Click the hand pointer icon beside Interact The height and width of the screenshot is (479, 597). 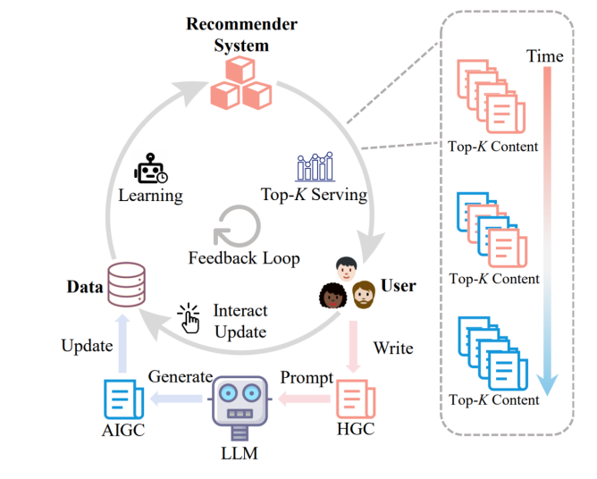[x=189, y=317]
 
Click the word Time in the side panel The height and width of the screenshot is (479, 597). [x=544, y=56]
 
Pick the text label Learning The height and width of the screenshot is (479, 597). [x=150, y=195]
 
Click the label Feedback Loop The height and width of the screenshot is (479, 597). [x=244, y=258]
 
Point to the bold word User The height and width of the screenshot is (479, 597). [x=398, y=286]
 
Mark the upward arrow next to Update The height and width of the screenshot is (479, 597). [x=122, y=344]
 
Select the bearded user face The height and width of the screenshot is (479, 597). [x=363, y=293]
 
